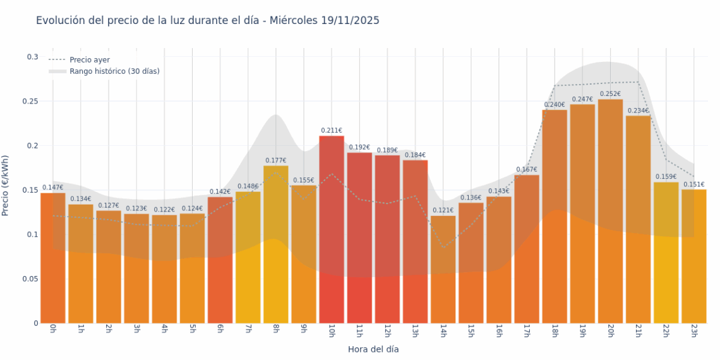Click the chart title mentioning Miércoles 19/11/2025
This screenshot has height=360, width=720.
(207, 21)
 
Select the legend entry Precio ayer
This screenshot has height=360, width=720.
(89, 60)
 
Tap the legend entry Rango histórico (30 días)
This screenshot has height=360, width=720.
(114, 71)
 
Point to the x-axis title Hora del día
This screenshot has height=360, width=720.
(373, 349)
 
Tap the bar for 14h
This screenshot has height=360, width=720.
(443, 269)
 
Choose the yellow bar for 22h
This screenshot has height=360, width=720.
(666, 252)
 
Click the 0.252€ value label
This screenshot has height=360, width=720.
(610, 94)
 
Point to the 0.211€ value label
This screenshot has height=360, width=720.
(332, 131)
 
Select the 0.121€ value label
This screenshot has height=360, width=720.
(443, 210)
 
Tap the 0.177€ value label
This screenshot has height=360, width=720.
(276, 160)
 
